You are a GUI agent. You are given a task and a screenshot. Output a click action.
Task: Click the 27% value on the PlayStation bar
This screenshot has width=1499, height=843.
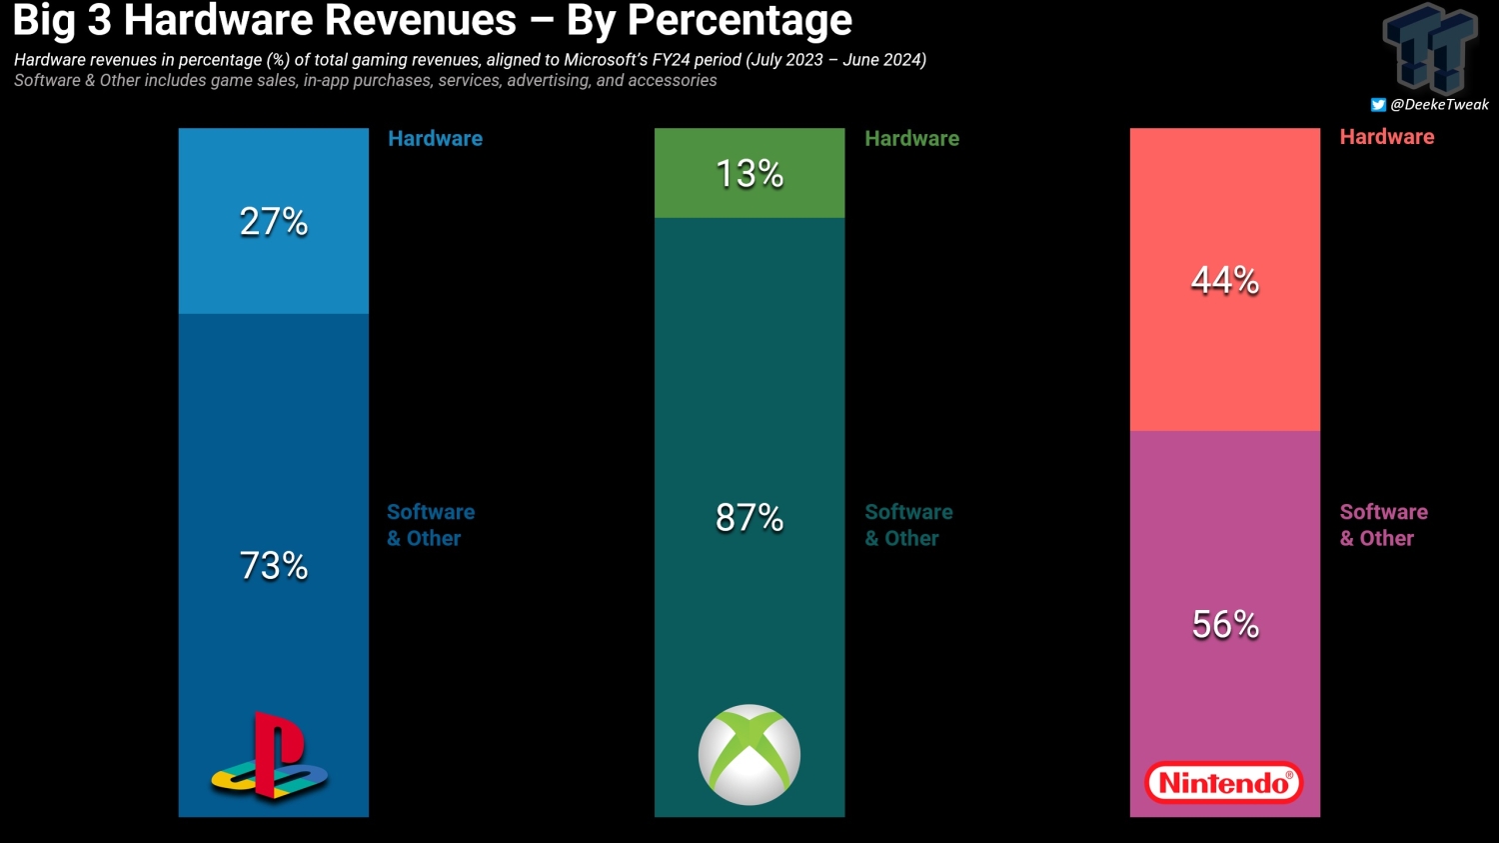click(x=273, y=221)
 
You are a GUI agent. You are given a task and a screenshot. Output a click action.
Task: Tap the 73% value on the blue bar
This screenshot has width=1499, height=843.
click(x=273, y=566)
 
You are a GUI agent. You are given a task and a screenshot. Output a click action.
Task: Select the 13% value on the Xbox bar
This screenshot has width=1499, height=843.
click(x=749, y=174)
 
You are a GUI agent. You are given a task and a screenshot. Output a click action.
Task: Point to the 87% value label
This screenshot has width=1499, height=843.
click(x=749, y=518)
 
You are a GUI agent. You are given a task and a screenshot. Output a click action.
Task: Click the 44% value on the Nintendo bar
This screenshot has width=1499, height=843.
click(x=1224, y=280)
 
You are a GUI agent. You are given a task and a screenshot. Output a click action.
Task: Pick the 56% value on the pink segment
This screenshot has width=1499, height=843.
click(x=1224, y=625)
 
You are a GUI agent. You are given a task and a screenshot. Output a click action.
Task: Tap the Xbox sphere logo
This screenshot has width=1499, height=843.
click(x=749, y=755)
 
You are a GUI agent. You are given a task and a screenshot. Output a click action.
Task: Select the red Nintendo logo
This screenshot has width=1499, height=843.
click(x=1224, y=783)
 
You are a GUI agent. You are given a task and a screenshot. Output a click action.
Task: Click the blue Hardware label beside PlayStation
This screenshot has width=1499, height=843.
click(x=435, y=139)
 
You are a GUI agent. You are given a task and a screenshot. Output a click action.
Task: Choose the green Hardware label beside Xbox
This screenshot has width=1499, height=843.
click(x=911, y=139)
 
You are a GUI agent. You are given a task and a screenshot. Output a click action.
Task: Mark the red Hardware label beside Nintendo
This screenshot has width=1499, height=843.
click(x=1386, y=137)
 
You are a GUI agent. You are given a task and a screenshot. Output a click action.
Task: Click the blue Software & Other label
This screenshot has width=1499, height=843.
click(x=430, y=525)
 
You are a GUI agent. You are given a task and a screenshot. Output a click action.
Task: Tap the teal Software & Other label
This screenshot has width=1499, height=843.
click(x=907, y=525)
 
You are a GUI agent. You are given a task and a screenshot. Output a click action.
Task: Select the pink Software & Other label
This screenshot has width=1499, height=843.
click(x=1383, y=525)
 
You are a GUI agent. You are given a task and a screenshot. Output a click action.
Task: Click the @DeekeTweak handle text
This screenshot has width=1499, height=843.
click(x=1439, y=105)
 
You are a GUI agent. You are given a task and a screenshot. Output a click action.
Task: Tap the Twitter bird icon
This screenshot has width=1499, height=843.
click(x=1378, y=105)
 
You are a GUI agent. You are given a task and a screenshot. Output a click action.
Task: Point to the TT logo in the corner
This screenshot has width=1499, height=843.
click(x=1430, y=48)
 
